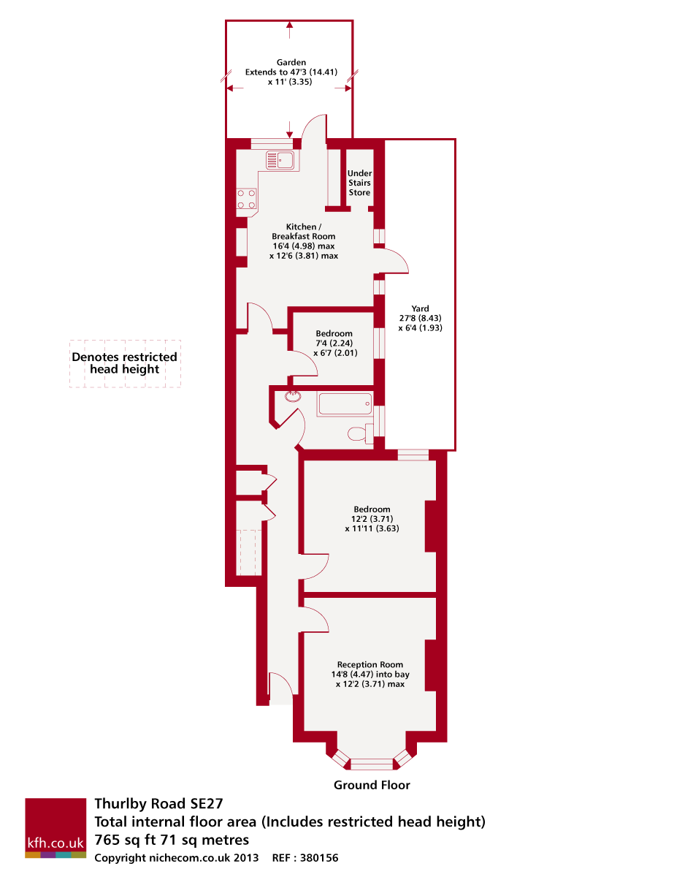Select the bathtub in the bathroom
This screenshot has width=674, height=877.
(345, 404)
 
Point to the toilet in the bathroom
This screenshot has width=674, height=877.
(359, 435)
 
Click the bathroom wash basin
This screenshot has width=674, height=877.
(293, 396)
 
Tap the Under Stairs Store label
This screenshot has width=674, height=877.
(359, 183)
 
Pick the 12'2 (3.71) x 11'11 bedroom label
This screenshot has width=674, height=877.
(372, 518)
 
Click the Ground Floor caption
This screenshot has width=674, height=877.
(372, 785)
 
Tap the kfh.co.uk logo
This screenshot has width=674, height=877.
(55, 828)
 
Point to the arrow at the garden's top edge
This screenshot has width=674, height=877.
(291, 29)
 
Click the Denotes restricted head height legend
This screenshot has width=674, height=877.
(125, 363)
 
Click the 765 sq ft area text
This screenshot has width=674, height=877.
(172, 840)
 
